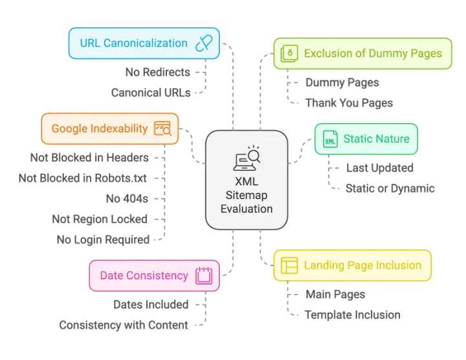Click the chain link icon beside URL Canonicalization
pos(205,43)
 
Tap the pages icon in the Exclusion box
pos(291,53)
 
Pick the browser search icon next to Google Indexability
pos(162,128)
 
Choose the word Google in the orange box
pos(69,128)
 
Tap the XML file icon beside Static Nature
pos(330,139)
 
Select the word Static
pos(358,139)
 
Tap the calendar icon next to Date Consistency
pos(205,276)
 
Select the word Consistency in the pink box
pos(158,276)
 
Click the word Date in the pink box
pos(112,276)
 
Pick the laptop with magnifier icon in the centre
pos(247,159)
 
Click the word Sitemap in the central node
pos(247,196)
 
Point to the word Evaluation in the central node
pos(247,208)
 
